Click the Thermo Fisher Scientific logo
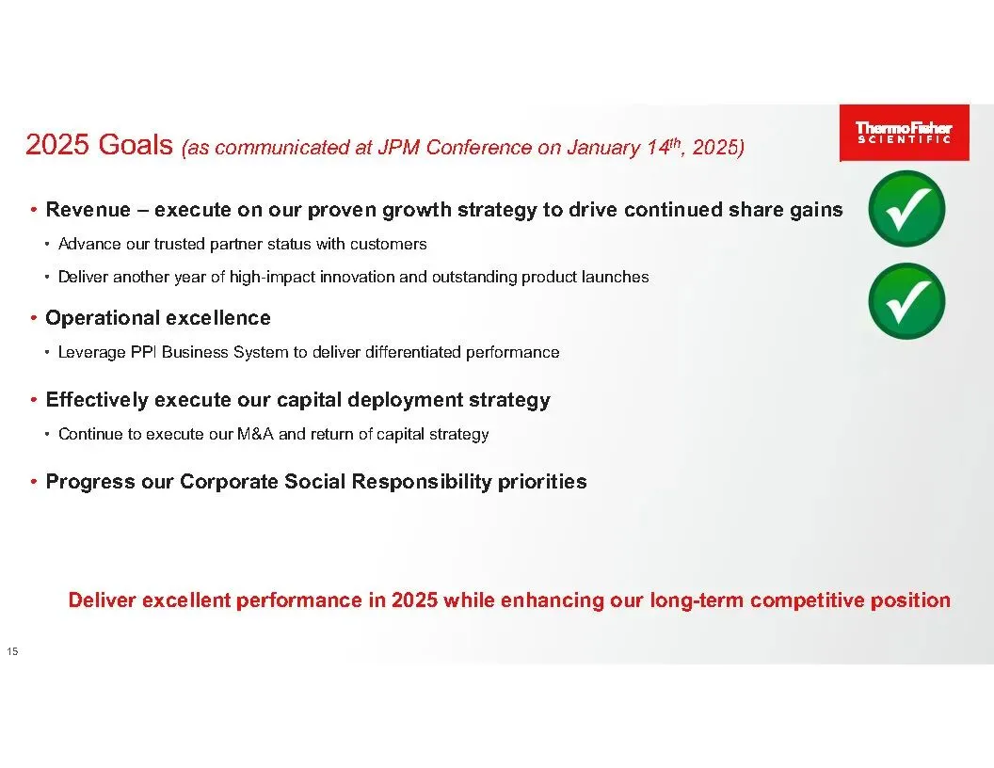[x=904, y=133]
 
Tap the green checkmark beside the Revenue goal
[x=906, y=209]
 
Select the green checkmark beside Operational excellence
[x=906, y=301]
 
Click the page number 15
[x=12, y=651]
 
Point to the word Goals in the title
[x=136, y=145]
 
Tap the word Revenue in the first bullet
[x=88, y=209]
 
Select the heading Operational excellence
[x=158, y=317]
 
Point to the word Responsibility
[x=422, y=482]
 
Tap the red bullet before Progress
[x=34, y=482]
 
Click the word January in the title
[x=602, y=148]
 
